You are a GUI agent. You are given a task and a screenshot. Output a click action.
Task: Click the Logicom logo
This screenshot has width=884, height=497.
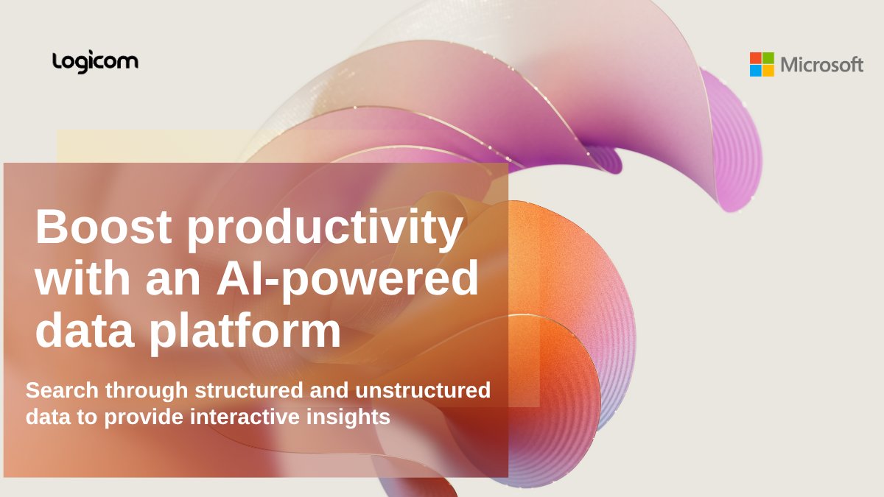tap(95, 62)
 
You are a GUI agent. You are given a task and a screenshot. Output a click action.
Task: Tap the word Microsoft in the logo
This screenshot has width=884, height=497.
tap(821, 65)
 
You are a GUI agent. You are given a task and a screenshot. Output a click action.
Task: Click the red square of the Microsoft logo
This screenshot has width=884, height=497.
tap(756, 57)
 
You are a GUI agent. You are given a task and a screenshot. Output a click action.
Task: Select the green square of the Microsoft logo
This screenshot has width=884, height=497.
tap(768, 57)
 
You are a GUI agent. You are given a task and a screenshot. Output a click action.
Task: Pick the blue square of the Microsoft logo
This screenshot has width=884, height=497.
tap(756, 71)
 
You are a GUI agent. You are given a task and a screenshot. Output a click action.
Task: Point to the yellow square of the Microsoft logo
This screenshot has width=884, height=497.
tap(768, 71)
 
